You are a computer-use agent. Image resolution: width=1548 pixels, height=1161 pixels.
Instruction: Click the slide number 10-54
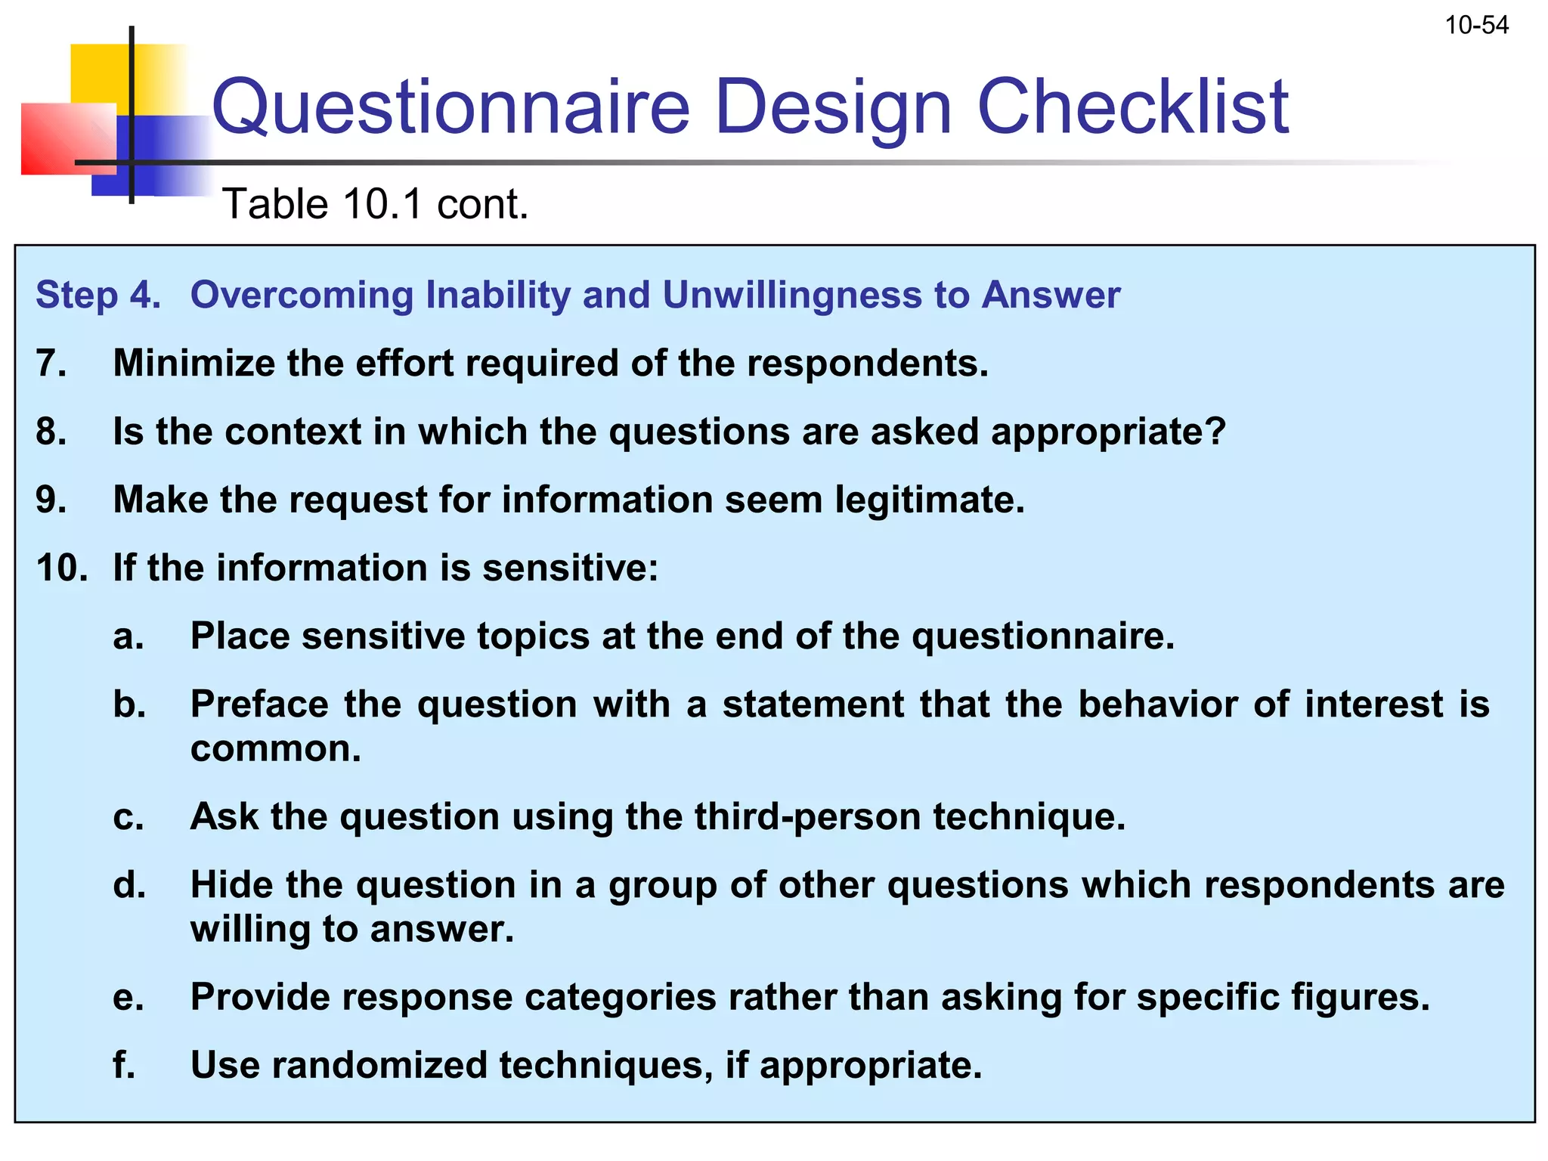pyautogui.click(x=1476, y=26)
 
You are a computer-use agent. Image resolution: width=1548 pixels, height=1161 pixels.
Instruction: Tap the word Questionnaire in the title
pyautogui.click(x=450, y=107)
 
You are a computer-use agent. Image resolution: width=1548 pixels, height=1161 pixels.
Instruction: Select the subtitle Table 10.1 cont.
pyautogui.click(x=376, y=204)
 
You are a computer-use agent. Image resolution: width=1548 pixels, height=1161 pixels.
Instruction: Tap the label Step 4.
pyautogui.click(x=98, y=295)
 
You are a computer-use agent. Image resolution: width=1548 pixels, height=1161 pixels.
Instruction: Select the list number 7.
pyautogui.click(x=51, y=364)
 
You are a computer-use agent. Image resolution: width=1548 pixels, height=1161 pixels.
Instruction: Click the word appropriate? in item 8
pyautogui.click(x=1108, y=432)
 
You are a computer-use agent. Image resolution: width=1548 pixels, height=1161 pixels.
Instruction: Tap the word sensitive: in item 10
pyautogui.click(x=570, y=568)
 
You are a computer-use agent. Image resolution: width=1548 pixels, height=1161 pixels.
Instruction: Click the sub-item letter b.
pyautogui.click(x=129, y=704)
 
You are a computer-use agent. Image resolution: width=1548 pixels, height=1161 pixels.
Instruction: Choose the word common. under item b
pyautogui.click(x=276, y=749)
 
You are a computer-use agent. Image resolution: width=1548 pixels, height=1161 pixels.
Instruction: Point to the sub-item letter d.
pyautogui.click(x=129, y=885)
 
